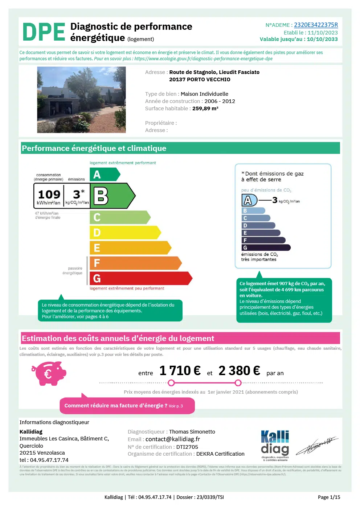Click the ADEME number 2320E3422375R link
click(x=316, y=25)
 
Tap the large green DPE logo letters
click(x=44, y=32)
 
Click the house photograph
click(x=81, y=99)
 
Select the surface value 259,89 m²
click(x=205, y=108)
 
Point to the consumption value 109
click(x=49, y=194)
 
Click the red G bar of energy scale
click(x=140, y=278)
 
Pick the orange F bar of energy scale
click(x=135, y=263)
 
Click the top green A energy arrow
click(x=104, y=175)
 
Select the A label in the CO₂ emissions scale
click(x=249, y=200)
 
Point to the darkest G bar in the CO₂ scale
click(x=266, y=248)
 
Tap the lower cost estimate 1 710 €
click(x=180, y=371)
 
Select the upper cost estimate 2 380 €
click(x=239, y=371)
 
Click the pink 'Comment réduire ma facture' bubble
click(x=127, y=406)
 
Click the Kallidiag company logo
click(x=275, y=444)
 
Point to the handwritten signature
click(x=317, y=446)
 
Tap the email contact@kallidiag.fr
click(x=173, y=439)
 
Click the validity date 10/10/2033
click(x=322, y=39)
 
